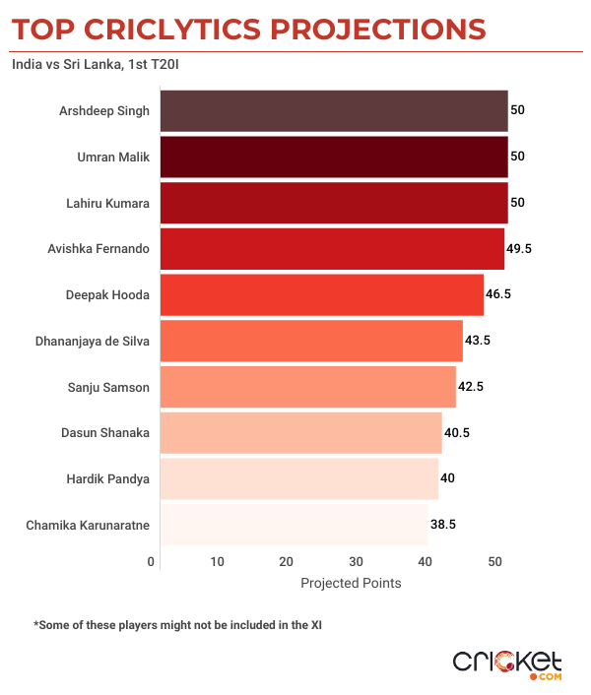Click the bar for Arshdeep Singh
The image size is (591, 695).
[x=334, y=111]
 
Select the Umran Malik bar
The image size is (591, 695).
[x=334, y=157]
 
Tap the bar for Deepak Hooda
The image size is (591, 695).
[x=322, y=294]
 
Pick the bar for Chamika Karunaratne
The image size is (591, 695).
[x=294, y=525]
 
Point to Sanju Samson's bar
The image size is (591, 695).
[x=308, y=387]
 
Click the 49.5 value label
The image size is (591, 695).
[x=519, y=249]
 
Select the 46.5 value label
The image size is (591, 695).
[x=498, y=294]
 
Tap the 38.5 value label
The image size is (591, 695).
[x=442, y=525]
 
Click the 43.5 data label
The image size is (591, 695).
[x=478, y=341]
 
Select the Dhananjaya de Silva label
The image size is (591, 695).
[x=93, y=341]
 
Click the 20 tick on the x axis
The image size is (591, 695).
[x=286, y=562]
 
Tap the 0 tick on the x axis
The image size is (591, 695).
[x=152, y=562]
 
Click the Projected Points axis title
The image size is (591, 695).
[x=351, y=583]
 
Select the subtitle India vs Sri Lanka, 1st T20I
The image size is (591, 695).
[x=97, y=66]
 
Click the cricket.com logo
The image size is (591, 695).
[x=506, y=663]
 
